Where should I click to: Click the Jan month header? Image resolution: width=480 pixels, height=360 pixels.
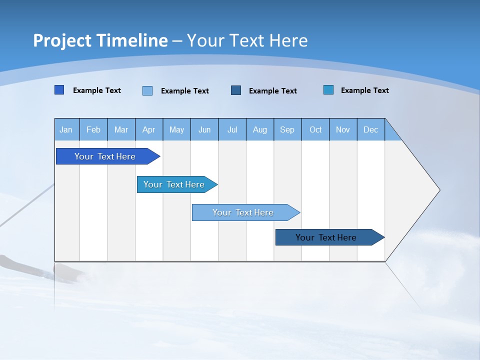click(x=66, y=129)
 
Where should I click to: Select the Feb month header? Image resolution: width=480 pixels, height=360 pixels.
click(x=93, y=129)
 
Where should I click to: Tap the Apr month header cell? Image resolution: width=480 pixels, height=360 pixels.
click(x=149, y=129)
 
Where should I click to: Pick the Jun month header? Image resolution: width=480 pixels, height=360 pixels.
click(x=204, y=129)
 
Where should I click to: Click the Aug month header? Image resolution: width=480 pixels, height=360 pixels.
click(x=260, y=129)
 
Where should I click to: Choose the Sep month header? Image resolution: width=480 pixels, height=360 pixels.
click(x=287, y=129)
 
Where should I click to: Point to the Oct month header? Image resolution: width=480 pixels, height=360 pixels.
click(x=315, y=129)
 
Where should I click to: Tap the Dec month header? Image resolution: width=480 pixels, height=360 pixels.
click(x=371, y=129)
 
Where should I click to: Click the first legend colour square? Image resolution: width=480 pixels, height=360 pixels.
click(x=59, y=90)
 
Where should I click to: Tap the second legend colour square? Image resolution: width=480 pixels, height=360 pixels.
click(x=147, y=90)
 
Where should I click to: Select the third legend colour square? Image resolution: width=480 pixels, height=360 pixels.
click(x=236, y=90)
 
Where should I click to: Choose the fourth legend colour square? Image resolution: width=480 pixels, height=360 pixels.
click(x=328, y=90)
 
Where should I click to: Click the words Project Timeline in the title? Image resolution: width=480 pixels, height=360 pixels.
click(x=100, y=40)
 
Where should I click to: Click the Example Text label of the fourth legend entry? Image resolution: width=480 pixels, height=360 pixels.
click(x=364, y=90)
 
